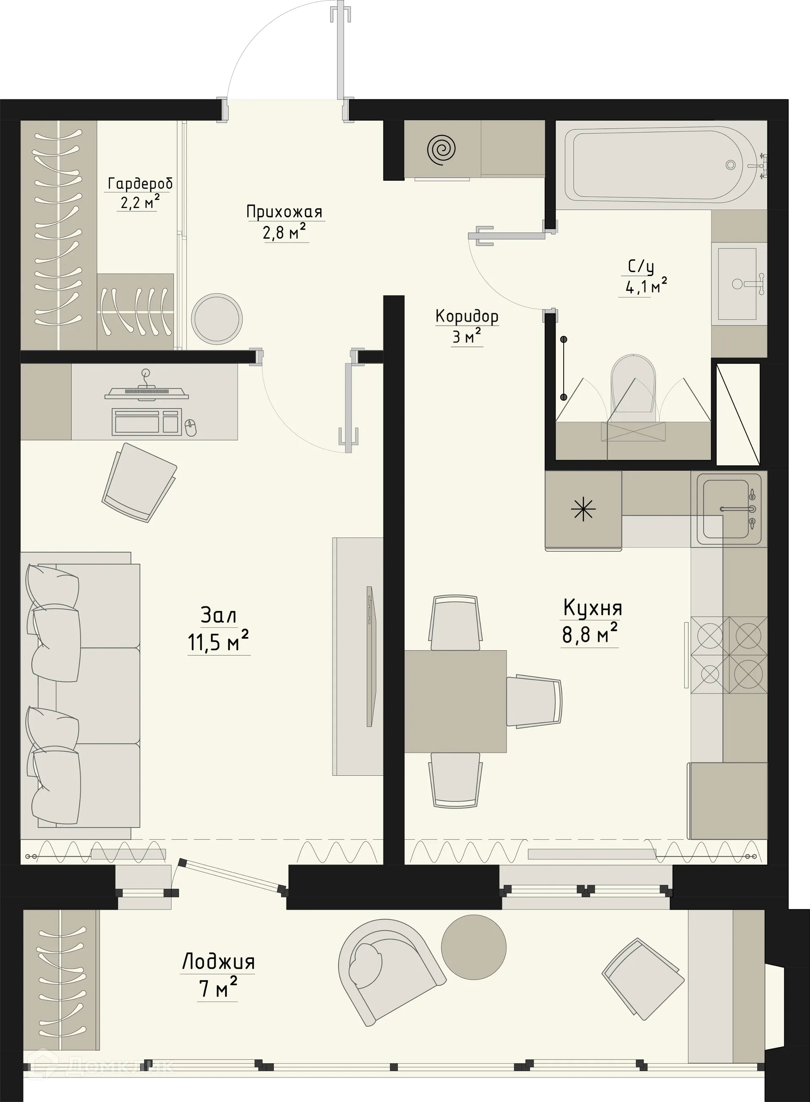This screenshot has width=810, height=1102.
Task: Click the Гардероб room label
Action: click(x=140, y=184)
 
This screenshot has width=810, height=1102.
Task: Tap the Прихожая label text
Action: click(x=284, y=212)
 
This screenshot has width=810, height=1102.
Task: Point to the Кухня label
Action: click(x=592, y=608)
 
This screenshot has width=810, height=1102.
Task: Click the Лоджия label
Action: click(x=218, y=962)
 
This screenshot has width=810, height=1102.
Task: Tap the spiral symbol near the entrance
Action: click(x=441, y=149)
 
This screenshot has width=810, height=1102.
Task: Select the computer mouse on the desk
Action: click(x=191, y=427)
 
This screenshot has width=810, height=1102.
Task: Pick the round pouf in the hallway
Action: click(x=216, y=319)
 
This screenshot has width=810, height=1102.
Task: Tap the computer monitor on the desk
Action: click(x=146, y=393)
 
